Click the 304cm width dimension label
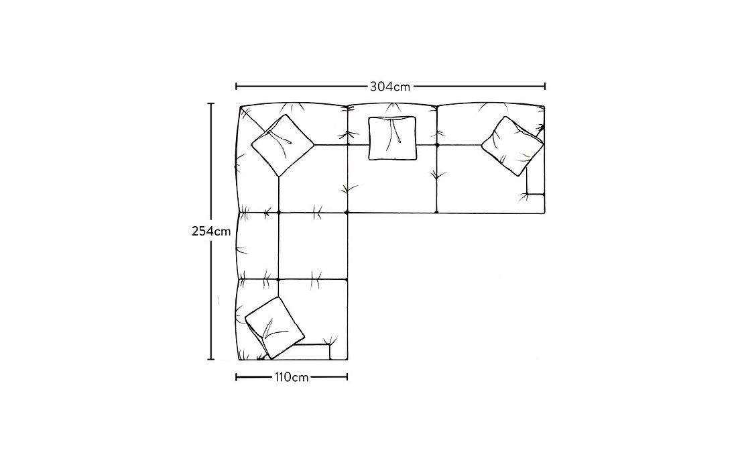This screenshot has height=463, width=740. click(x=390, y=87)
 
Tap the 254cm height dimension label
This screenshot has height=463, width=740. click(x=211, y=232)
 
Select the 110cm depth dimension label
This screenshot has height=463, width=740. click(x=291, y=377)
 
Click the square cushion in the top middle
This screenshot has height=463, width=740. click(x=392, y=138)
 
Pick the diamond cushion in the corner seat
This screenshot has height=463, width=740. click(x=282, y=145)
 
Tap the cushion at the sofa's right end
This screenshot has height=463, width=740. click(x=513, y=146)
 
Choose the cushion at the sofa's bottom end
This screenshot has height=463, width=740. click(x=275, y=327)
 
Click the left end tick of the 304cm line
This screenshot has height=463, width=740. click(x=236, y=86)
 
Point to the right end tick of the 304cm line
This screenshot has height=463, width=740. click(x=545, y=86)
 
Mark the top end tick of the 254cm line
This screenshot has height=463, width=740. click(x=211, y=103)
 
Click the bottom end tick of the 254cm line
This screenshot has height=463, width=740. click(x=211, y=359)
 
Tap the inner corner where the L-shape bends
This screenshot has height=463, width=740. click(x=348, y=213)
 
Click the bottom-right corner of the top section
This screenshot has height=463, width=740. click(x=545, y=213)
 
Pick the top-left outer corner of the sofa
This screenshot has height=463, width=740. click(x=240, y=107)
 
